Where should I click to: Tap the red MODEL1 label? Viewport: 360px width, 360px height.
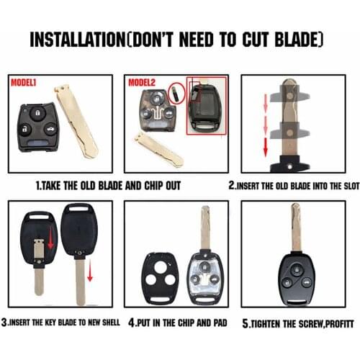23,82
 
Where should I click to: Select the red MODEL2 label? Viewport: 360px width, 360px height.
142,82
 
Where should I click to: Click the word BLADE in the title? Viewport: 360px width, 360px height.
298,39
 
